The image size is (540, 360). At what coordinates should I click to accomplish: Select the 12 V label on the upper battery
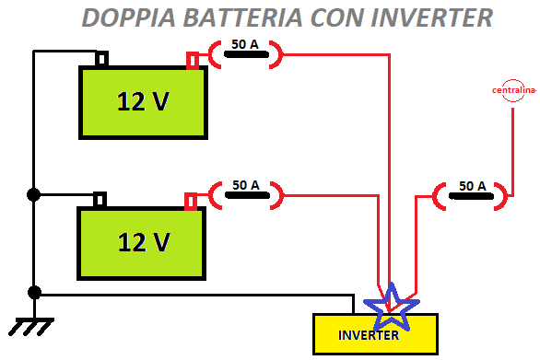pos(143,101)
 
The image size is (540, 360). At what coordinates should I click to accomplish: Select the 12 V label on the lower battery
pos(143,242)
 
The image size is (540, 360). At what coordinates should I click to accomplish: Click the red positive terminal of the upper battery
pos(193,61)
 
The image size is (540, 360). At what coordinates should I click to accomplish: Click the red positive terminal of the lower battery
pos(191,201)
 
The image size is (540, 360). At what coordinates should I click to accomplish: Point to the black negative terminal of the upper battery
pos(101,60)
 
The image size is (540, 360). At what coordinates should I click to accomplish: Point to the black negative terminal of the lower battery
pos(100,200)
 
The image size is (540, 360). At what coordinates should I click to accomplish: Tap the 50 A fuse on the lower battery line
pos(245,193)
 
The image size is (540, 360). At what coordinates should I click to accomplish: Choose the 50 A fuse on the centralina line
pos(471,194)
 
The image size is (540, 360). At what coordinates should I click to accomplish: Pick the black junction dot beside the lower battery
pos(34,194)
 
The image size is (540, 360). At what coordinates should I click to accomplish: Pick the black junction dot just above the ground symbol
pos(34,293)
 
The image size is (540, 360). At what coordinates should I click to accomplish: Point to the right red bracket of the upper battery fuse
pos(277,54)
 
